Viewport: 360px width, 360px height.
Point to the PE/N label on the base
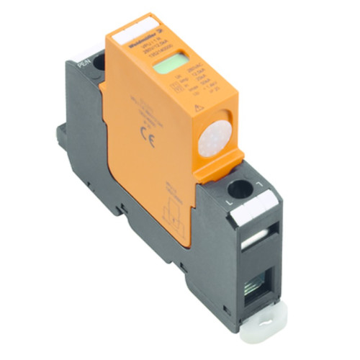point(83,53)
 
